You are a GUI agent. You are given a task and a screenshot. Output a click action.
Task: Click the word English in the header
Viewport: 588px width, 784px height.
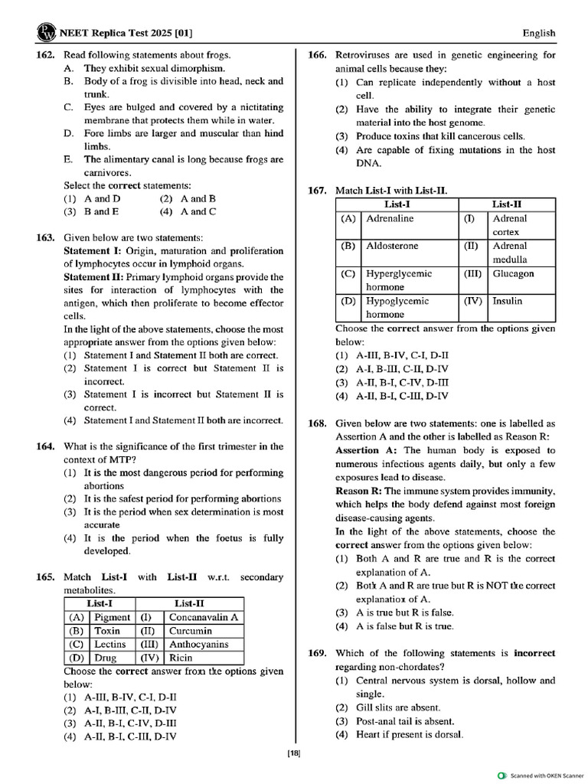point(539,33)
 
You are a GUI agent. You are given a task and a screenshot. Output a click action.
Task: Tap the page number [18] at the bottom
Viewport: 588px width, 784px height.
point(294,753)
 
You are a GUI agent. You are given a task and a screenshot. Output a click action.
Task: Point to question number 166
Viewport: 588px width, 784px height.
point(318,54)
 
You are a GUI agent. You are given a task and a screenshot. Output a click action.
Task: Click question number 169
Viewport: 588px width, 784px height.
point(318,653)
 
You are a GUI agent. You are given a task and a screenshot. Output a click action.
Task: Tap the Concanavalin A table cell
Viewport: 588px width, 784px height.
point(203,617)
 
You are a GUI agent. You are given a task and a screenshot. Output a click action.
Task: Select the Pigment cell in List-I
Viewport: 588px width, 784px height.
point(112,617)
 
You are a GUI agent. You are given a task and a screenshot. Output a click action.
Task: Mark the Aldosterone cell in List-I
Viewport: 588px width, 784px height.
point(392,246)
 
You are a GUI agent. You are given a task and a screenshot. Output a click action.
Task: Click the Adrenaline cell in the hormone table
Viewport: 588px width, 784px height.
point(390,218)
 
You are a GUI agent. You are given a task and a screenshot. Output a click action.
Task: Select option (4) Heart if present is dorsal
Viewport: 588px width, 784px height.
point(409,735)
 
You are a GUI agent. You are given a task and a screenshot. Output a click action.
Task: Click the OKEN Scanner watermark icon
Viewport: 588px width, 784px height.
point(502,775)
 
